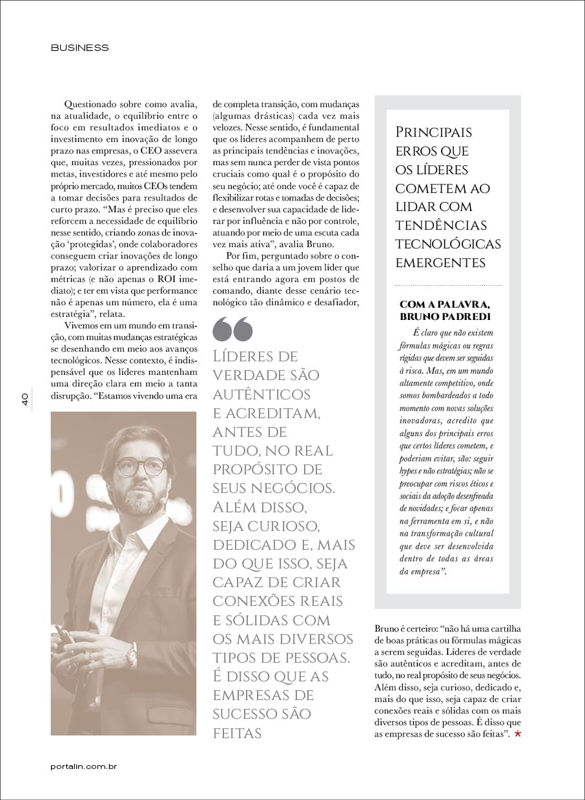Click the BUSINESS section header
point(79,48)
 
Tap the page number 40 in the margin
point(23,400)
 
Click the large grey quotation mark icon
point(232,329)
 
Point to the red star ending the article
point(517,734)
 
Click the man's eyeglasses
point(140,466)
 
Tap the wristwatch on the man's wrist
point(132,657)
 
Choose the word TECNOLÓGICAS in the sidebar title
point(448,244)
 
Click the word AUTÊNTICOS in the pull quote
point(262,394)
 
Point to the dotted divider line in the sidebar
point(447,285)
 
